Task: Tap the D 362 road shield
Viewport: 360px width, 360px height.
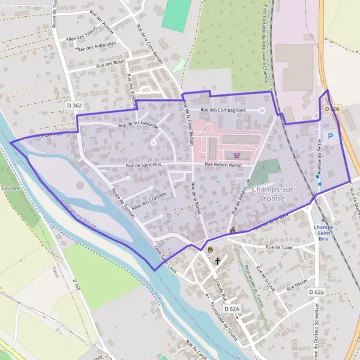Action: [74, 106]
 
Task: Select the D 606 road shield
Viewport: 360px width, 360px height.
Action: [332, 109]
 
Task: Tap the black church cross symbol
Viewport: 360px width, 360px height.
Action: [217, 262]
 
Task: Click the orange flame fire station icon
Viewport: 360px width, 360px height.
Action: [209, 249]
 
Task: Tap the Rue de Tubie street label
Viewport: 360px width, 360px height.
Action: [279, 247]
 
